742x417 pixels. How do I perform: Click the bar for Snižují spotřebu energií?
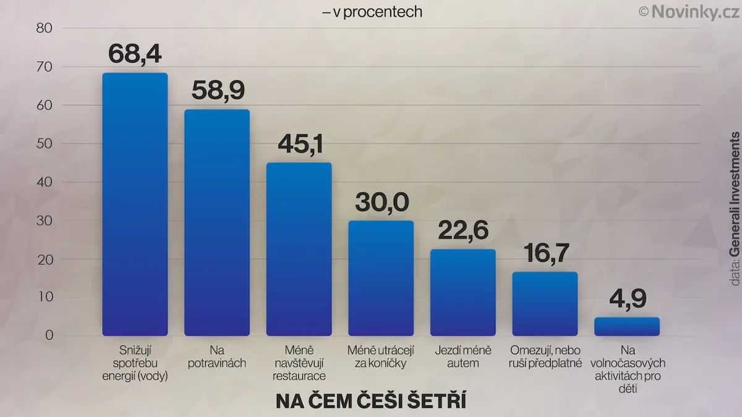135,204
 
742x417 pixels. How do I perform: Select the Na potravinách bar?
217,223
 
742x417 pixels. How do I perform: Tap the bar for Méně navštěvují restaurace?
299,249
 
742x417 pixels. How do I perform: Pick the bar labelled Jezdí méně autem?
463,293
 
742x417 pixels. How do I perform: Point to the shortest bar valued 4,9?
627,327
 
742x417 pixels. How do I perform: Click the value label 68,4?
135,54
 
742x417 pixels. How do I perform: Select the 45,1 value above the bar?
301,144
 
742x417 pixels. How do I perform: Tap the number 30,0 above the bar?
382,202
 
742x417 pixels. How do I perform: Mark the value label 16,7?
546,254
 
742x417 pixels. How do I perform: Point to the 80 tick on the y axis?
45,28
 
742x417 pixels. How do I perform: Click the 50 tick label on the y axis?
45,144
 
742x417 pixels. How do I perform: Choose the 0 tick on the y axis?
49,335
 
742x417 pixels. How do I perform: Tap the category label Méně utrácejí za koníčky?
381,356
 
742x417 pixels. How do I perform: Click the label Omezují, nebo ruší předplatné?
545,356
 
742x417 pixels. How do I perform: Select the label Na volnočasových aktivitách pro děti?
628,369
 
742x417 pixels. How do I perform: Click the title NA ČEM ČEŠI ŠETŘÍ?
371,401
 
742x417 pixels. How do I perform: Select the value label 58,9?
218,90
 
